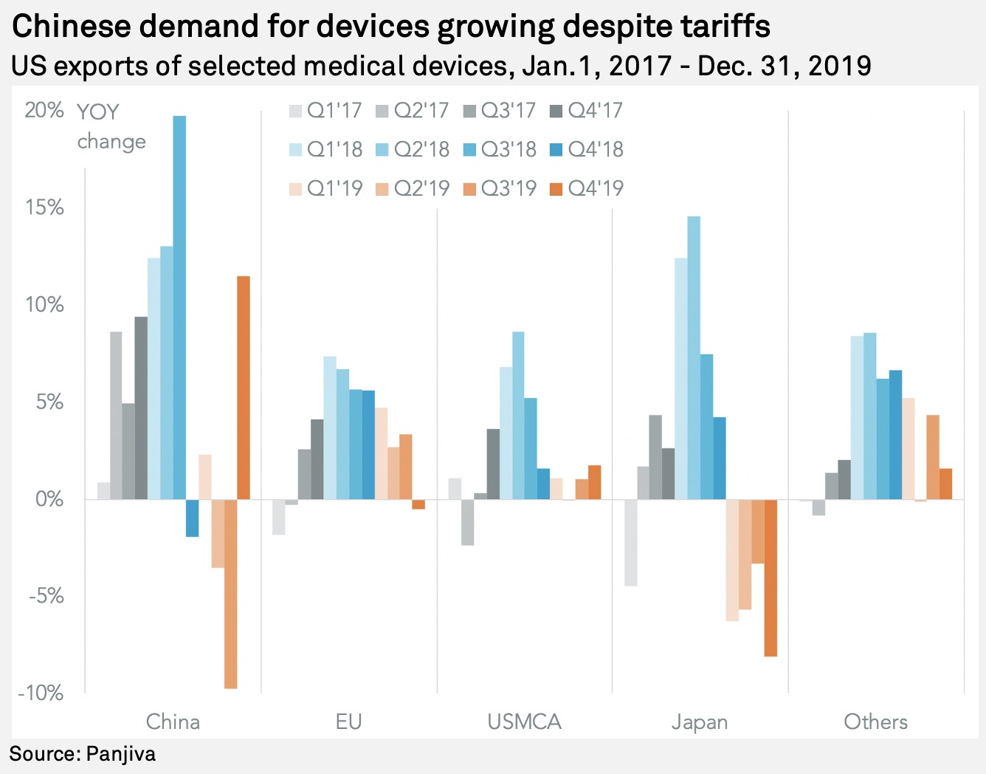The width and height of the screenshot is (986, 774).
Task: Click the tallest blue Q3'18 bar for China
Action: pyautogui.click(x=179, y=307)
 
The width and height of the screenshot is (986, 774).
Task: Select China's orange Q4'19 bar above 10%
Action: pyautogui.click(x=244, y=388)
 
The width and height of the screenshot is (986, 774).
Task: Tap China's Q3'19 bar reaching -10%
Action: pyautogui.click(x=230, y=594)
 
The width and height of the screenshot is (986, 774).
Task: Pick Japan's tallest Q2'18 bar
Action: pyautogui.click(x=694, y=357)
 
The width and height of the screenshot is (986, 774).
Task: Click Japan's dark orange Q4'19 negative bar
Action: pyautogui.click(x=770, y=578)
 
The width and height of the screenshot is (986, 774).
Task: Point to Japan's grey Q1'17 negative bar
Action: pyautogui.click(x=630, y=542)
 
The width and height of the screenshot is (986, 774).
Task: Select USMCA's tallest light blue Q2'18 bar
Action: pyautogui.click(x=518, y=415)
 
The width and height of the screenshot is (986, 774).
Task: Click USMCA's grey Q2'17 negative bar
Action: pyautogui.click(x=467, y=522)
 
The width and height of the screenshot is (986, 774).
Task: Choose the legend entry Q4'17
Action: pyautogui.click(x=587, y=111)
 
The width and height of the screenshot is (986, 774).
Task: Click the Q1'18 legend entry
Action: pyautogui.click(x=326, y=149)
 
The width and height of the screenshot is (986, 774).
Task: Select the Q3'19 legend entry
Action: pyautogui.click(x=500, y=188)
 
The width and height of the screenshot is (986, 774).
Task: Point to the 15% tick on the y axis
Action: pyautogui.click(x=45, y=208)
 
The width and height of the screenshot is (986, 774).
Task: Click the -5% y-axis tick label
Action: pyautogui.click(x=45, y=596)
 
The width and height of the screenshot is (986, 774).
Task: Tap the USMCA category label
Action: pyautogui.click(x=524, y=722)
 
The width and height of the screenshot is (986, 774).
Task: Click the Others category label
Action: pyautogui.click(x=875, y=722)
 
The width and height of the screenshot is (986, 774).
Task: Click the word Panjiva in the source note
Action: pyautogui.click(x=121, y=754)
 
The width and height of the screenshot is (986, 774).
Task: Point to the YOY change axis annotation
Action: pyautogui.click(x=111, y=126)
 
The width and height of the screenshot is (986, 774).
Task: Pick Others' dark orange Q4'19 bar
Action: pyautogui.click(x=946, y=484)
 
